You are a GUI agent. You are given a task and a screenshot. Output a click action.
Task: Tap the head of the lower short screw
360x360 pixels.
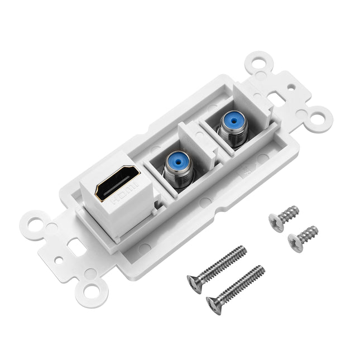pos(294,241)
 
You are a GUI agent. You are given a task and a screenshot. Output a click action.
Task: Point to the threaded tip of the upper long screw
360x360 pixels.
pos(241,250)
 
